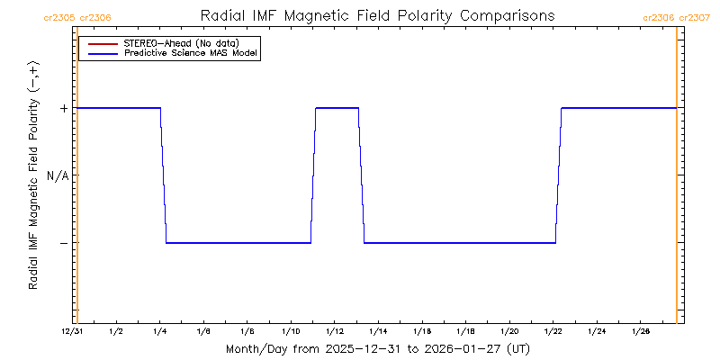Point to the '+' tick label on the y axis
[63, 108]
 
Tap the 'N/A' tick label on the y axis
[58, 175]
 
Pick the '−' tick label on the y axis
[63, 243]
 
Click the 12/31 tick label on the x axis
[73, 332]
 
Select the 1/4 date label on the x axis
[159, 332]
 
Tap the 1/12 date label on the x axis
[334, 332]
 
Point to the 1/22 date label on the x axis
[553, 332]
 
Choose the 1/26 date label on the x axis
[640, 332]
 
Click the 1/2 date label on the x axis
[116, 332]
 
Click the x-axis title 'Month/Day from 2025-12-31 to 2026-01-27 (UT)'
[377, 348]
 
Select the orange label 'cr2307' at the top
[694, 17]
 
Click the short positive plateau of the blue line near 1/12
[337, 108]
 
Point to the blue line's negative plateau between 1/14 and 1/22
[459, 243]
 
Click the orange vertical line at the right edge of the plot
[676, 180]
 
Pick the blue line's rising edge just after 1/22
[558, 175]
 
